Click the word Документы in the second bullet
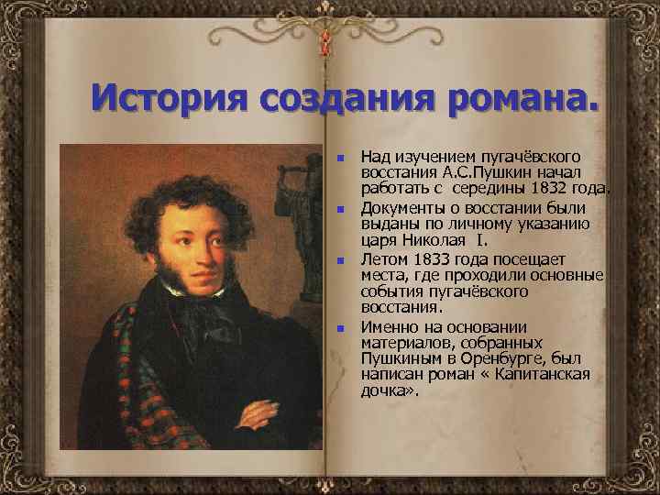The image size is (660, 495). click(399, 209)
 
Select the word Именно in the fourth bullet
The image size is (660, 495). click(386, 327)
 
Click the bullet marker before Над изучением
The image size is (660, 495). click(339, 159)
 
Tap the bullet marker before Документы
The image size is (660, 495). click(339, 210)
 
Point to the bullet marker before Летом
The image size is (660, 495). click(339, 261)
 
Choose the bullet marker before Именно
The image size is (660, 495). click(339, 328)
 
